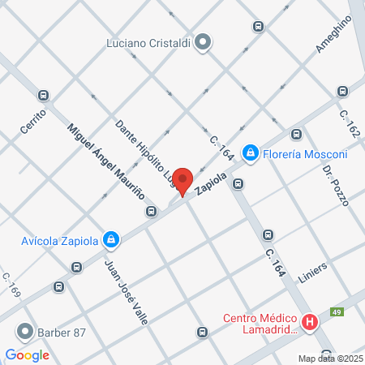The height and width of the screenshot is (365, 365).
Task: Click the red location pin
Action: pos(182,180)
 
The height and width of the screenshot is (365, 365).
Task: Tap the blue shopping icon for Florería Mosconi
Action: pos(251,152)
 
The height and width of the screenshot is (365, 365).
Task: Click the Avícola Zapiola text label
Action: pos(62,240)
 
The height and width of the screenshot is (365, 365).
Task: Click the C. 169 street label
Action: pos(11,284)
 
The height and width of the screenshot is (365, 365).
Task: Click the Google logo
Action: pos(27,354)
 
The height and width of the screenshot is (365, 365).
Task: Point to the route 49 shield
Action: pos(336,311)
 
